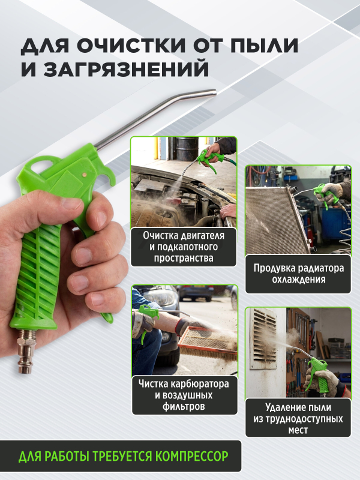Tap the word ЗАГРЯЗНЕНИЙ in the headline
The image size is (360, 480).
tap(126, 69)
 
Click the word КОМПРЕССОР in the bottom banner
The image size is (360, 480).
tap(192, 456)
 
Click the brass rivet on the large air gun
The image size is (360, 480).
tap(84, 175)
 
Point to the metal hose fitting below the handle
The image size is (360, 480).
tap(26, 351)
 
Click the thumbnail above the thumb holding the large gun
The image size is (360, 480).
tap(71, 203)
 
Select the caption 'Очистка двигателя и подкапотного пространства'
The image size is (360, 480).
tap(184, 247)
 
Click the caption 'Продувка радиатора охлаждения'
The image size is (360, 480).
tap(298, 274)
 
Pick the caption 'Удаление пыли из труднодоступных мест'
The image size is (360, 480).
tap(298, 418)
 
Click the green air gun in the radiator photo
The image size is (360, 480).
tap(325, 194)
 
